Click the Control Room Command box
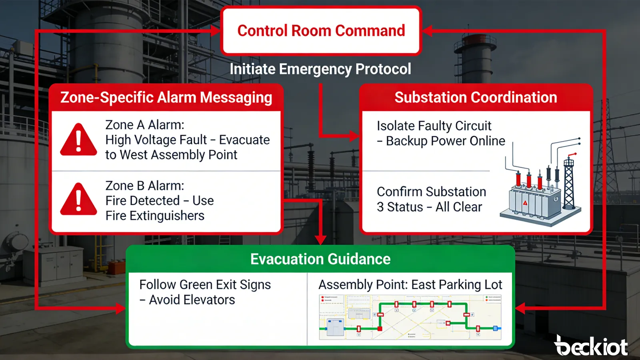coord(321,31)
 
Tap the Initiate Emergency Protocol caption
coord(320,69)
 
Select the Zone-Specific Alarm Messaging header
coord(166,98)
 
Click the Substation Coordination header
coord(476,98)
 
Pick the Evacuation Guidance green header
coord(320,259)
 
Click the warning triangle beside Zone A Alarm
coord(78,140)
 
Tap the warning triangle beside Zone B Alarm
coord(78,199)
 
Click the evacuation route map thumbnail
coord(410,318)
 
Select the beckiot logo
coord(591,346)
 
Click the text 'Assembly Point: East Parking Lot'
coord(410,285)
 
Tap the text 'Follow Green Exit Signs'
coord(205,285)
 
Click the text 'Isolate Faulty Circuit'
coord(434,126)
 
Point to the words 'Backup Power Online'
coord(445,141)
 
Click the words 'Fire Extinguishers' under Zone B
coord(155,216)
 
